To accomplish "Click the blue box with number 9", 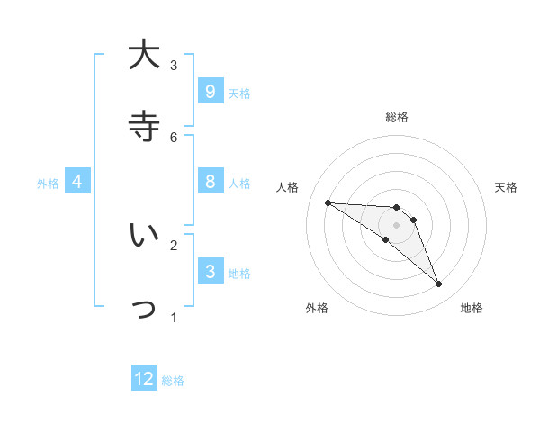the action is [210, 91].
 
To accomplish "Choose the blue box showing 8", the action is [210, 182].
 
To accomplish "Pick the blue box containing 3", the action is [210, 271].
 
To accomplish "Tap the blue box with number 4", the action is [77, 182].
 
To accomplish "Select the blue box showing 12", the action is [144, 379].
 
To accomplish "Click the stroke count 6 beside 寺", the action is [174, 137].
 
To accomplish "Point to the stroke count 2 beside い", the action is [174, 244].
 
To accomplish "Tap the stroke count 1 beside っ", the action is [174, 317].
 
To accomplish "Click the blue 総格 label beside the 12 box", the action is [173, 381].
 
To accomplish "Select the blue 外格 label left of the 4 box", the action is [48, 184].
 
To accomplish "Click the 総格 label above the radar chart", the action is [396, 117].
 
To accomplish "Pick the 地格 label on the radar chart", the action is [472, 308].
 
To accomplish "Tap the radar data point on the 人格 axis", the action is [328, 202].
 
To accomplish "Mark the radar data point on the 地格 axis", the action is [438, 284].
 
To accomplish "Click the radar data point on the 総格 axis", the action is [396, 208].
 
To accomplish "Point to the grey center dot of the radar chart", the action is [396, 224].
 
